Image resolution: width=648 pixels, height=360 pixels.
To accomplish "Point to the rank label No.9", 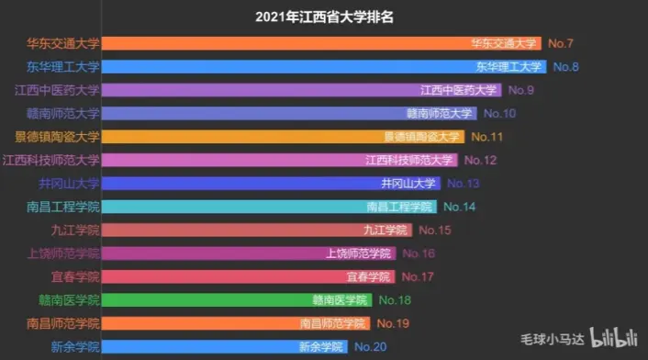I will coord(520,90).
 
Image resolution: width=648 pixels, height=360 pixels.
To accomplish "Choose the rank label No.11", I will coord(486,137).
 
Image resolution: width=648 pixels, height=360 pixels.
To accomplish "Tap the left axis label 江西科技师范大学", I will coord(50,160).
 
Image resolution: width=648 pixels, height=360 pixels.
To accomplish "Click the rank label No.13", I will coord(461,184).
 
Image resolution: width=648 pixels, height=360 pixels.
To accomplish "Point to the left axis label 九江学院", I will coord(75,230).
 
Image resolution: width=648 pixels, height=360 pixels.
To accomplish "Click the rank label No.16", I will coord(418,253).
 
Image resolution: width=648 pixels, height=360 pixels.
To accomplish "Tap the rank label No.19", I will coord(392,323).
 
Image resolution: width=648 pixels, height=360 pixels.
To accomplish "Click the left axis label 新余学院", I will coord(75,346).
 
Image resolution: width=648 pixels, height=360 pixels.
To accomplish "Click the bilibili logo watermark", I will coord(615,338).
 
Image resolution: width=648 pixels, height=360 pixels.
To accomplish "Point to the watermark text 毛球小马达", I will coord(552,339).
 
